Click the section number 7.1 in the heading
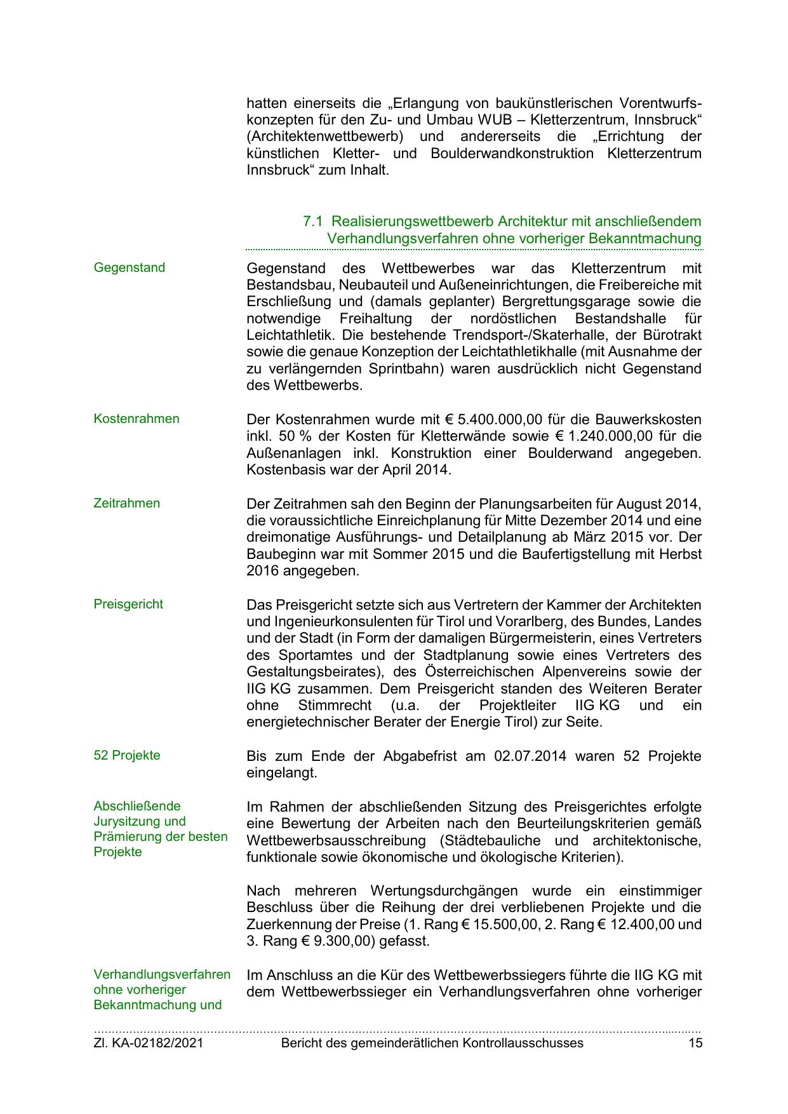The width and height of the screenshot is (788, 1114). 312,222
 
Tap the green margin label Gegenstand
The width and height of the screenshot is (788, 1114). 129,267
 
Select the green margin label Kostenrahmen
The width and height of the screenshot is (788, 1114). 136,419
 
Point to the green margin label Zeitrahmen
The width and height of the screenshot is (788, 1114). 126,503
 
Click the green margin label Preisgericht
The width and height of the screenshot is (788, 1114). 128,604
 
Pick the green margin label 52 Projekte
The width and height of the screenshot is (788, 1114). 126,755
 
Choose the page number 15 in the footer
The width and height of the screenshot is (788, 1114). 695,1043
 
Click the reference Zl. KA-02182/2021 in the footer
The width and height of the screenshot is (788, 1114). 148,1043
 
